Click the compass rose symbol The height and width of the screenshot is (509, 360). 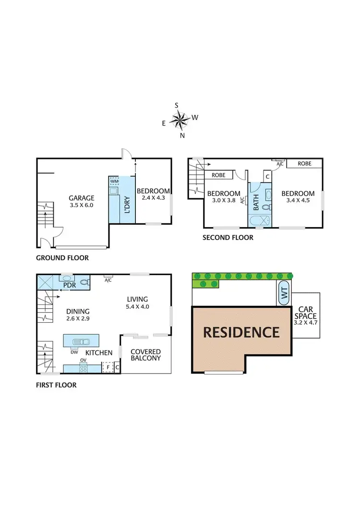[x=180, y=120]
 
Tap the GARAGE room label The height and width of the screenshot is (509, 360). [x=81, y=198]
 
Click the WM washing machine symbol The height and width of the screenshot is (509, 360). [x=114, y=182]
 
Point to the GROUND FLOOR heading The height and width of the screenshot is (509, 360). [x=62, y=258]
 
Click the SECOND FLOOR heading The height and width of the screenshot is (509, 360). [x=228, y=237]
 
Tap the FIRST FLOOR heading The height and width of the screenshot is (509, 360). [x=56, y=385]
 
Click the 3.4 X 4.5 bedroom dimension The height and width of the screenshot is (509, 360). [x=298, y=201]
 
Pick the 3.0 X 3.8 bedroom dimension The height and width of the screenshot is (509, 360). [x=223, y=201]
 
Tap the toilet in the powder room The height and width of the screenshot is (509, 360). [x=84, y=283]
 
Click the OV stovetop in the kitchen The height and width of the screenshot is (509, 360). [x=83, y=369]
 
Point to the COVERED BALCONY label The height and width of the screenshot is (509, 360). [x=145, y=355]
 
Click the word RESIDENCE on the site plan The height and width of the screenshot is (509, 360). [x=241, y=332]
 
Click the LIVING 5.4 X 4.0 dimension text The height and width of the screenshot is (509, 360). [x=138, y=306]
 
